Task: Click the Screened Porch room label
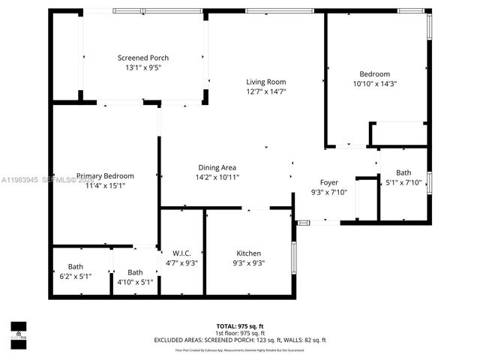(142, 58)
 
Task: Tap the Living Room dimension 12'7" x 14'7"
(266, 91)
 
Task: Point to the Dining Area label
(217, 167)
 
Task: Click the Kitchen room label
(249, 253)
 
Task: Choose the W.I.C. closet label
(182, 253)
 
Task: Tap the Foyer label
(329, 182)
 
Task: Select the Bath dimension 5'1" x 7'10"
(403, 182)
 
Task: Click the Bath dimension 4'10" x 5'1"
(135, 282)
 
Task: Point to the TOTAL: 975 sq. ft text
(240, 326)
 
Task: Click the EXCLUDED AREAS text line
(240, 340)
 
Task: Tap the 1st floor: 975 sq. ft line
(240, 333)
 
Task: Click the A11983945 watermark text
(22, 180)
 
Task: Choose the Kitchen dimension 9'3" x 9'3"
(249, 262)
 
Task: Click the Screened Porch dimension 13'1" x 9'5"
(142, 67)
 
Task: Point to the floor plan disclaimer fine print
(240, 349)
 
